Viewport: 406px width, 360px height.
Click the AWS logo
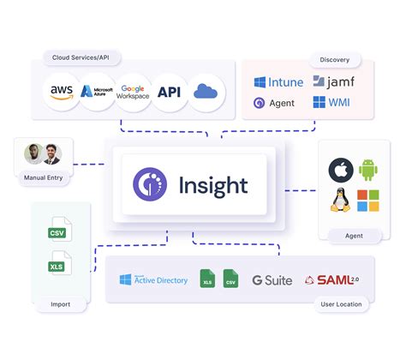(x=60, y=92)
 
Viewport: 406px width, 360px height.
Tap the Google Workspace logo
(x=133, y=92)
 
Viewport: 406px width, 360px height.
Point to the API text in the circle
(x=169, y=92)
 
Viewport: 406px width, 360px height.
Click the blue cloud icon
(x=206, y=92)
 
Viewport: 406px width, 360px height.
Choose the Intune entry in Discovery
(x=278, y=83)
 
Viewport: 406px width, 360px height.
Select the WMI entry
(x=331, y=104)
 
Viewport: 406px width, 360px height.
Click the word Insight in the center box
(x=213, y=185)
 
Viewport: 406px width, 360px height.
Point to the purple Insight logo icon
(x=151, y=185)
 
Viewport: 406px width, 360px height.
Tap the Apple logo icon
(x=342, y=171)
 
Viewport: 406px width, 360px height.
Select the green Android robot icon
(x=368, y=171)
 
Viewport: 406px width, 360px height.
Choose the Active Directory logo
(x=154, y=280)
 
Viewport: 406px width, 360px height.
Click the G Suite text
(x=272, y=280)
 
